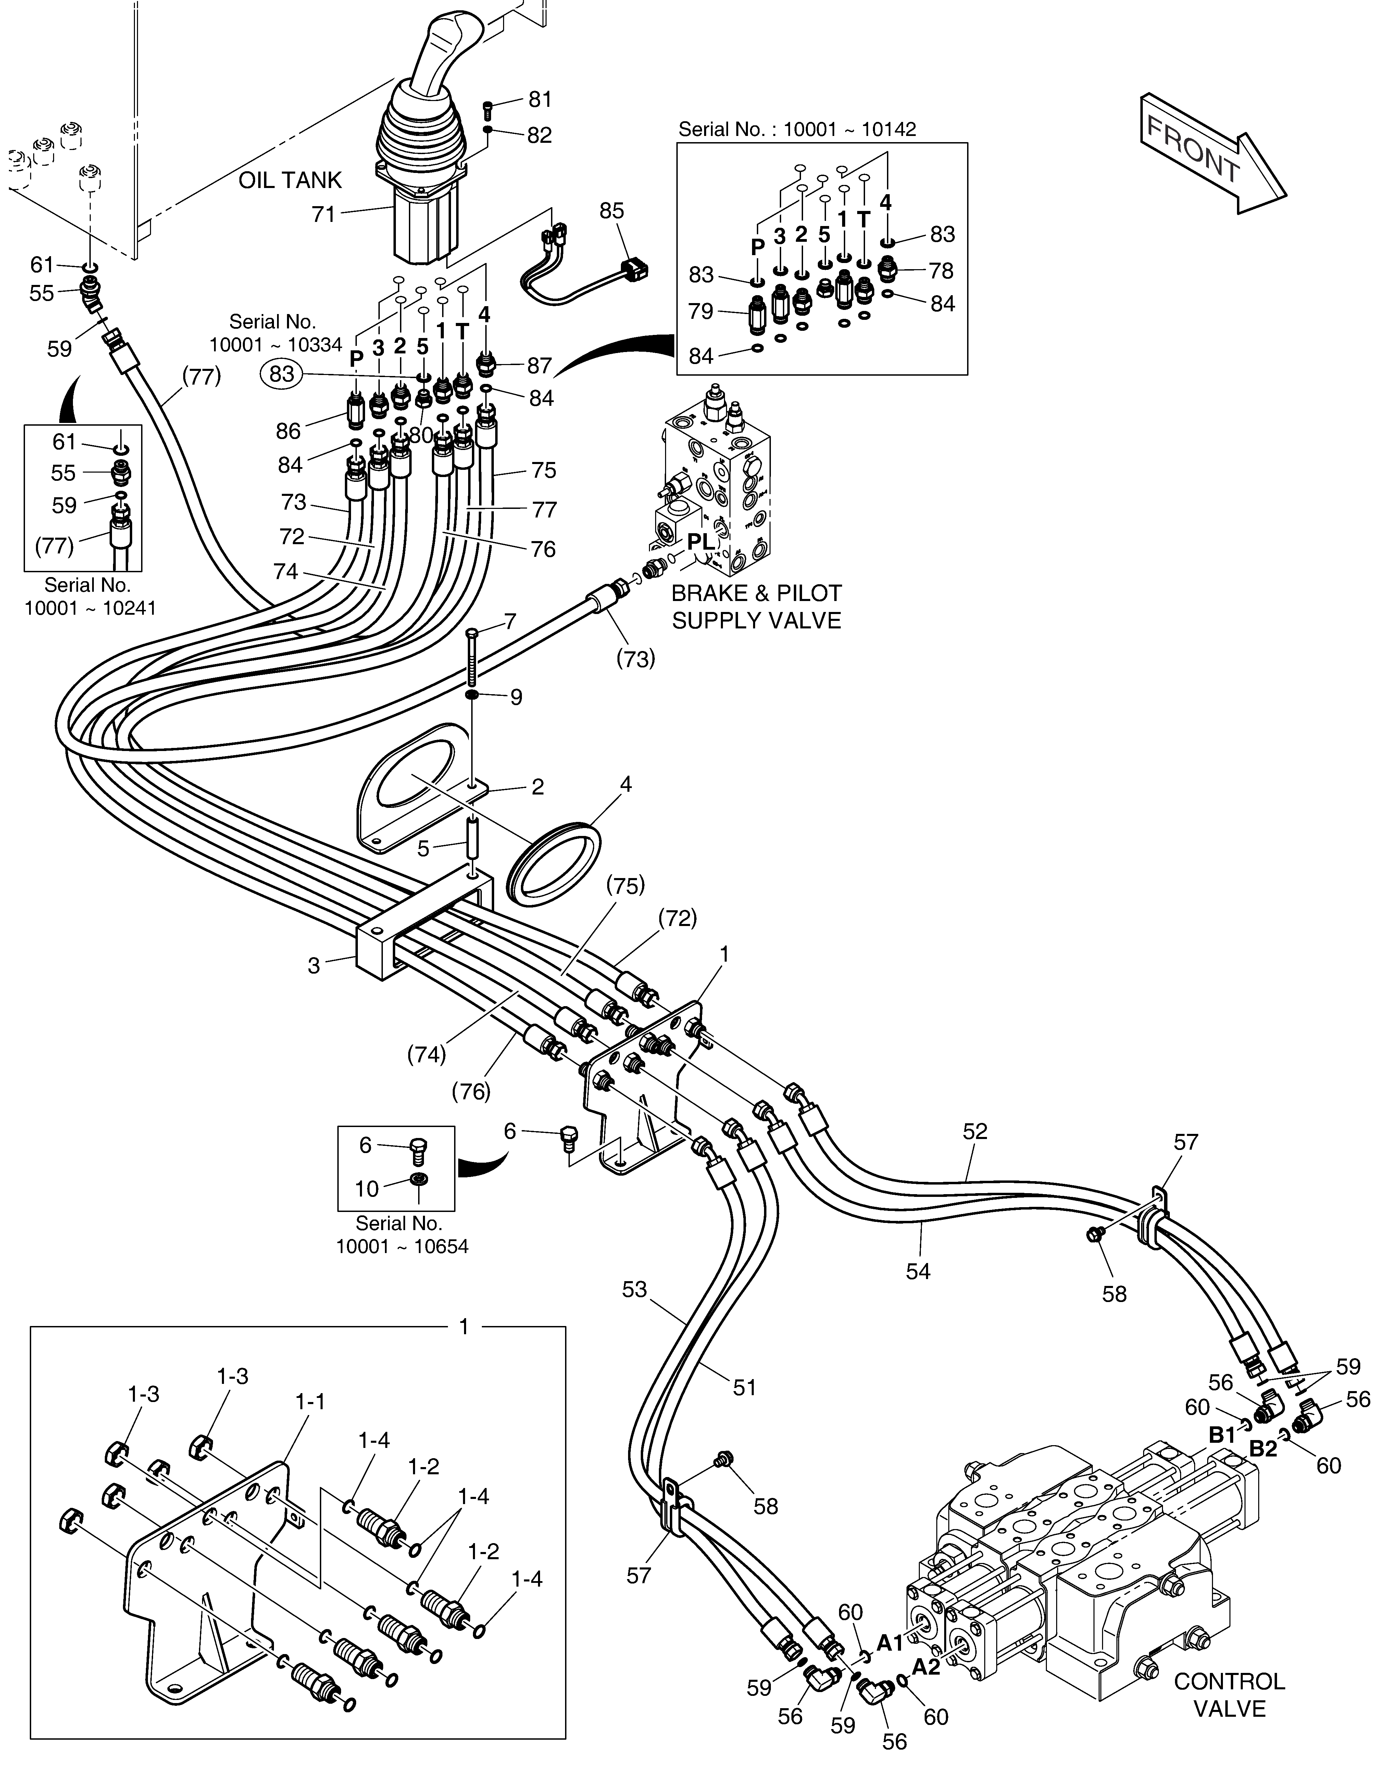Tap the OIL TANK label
pos(290,180)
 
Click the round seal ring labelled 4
pos(554,864)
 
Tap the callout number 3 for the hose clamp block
pos(314,966)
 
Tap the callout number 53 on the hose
pos(634,1289)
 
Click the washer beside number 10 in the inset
pos(418,1179)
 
